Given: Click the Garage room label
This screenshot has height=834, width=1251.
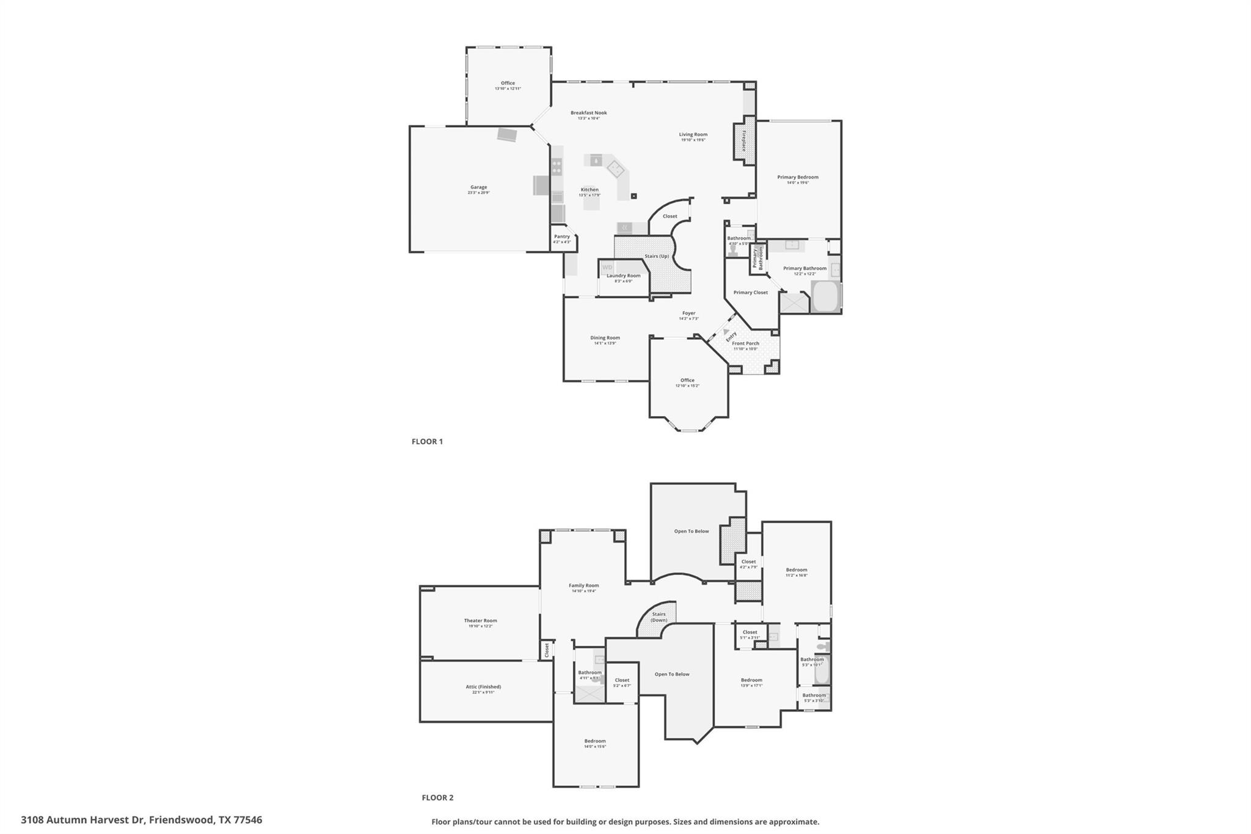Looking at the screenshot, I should click(x=478, y=188).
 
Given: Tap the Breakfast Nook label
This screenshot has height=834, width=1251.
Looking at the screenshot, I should click(x=588, y=113).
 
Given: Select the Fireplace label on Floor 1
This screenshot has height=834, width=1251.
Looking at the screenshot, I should click(x=744, y=141).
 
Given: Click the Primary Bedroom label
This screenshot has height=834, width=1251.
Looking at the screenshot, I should click(x=797, y=177).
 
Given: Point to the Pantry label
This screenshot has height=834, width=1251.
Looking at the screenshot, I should click(x=561, y=237).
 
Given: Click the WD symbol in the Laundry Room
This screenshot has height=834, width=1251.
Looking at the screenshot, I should click(x=607, y=268).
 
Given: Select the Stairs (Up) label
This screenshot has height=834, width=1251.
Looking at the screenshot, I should click(x=656, y=256).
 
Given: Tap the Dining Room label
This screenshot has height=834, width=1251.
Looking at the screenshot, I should click(x=605, y=338).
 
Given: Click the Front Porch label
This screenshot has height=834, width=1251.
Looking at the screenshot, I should click(x=745, y=343).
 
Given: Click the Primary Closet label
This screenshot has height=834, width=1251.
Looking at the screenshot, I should click(x=750, y=293).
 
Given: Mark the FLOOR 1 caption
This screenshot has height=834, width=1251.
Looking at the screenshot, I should click(x=427, y=441).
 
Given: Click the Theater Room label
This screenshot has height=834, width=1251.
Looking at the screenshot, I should click(x=480, y=621).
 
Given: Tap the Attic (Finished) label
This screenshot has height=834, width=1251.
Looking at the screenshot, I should click(x=483, y=687).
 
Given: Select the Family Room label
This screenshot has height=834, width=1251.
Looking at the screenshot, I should click(x=583, y=585).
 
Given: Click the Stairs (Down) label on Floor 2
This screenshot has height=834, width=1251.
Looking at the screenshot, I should click(x=658, y=617).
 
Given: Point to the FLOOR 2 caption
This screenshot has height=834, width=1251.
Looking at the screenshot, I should click(x=437, y=797).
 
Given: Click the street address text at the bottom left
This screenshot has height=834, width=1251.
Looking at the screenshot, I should click(x=141, y=820).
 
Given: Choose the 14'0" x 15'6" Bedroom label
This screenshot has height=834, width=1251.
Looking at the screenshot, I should click(x=594, y=741).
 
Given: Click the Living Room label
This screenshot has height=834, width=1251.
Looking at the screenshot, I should click(x=693, y=134).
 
